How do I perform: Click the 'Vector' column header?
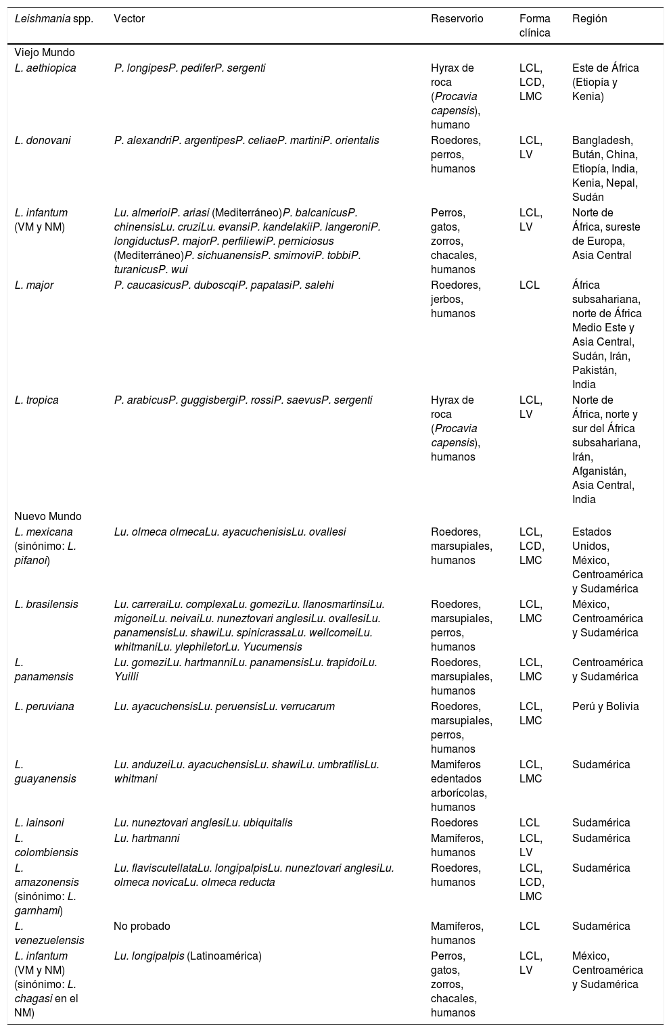pos(129,19)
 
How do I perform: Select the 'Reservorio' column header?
pos(457,19)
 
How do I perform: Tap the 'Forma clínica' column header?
pos(534,26)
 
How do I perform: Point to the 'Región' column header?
pos(590,19)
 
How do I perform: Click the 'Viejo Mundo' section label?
pos(45,53)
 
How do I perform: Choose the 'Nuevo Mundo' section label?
pos(47,517)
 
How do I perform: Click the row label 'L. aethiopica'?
pos(45,68)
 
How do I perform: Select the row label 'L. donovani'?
pos(43,141)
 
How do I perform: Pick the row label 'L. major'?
pos(34,285)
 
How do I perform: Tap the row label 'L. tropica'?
pos(37,400)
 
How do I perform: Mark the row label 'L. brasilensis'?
pos(46,605)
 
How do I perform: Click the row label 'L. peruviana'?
pos(44,707)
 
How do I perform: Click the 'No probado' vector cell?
pos(142,927)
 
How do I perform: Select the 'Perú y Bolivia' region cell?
pos(605,707)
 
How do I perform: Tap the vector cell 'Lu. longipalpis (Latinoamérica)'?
pos(187,956)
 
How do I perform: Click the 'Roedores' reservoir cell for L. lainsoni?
pos(455,823)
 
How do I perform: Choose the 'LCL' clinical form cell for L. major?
pos(530,285)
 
